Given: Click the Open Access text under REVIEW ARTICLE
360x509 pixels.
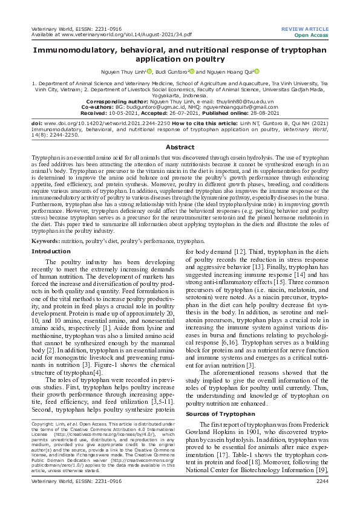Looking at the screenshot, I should click(x=312, y=35).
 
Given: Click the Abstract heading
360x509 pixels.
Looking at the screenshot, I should click(x=180, y=147).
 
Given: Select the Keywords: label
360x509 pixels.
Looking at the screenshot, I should click(x=50, y=241).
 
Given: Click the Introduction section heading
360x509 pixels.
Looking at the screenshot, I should click(x=51, y=251).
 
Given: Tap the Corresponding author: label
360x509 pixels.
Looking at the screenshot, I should click(x=119, y=102).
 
